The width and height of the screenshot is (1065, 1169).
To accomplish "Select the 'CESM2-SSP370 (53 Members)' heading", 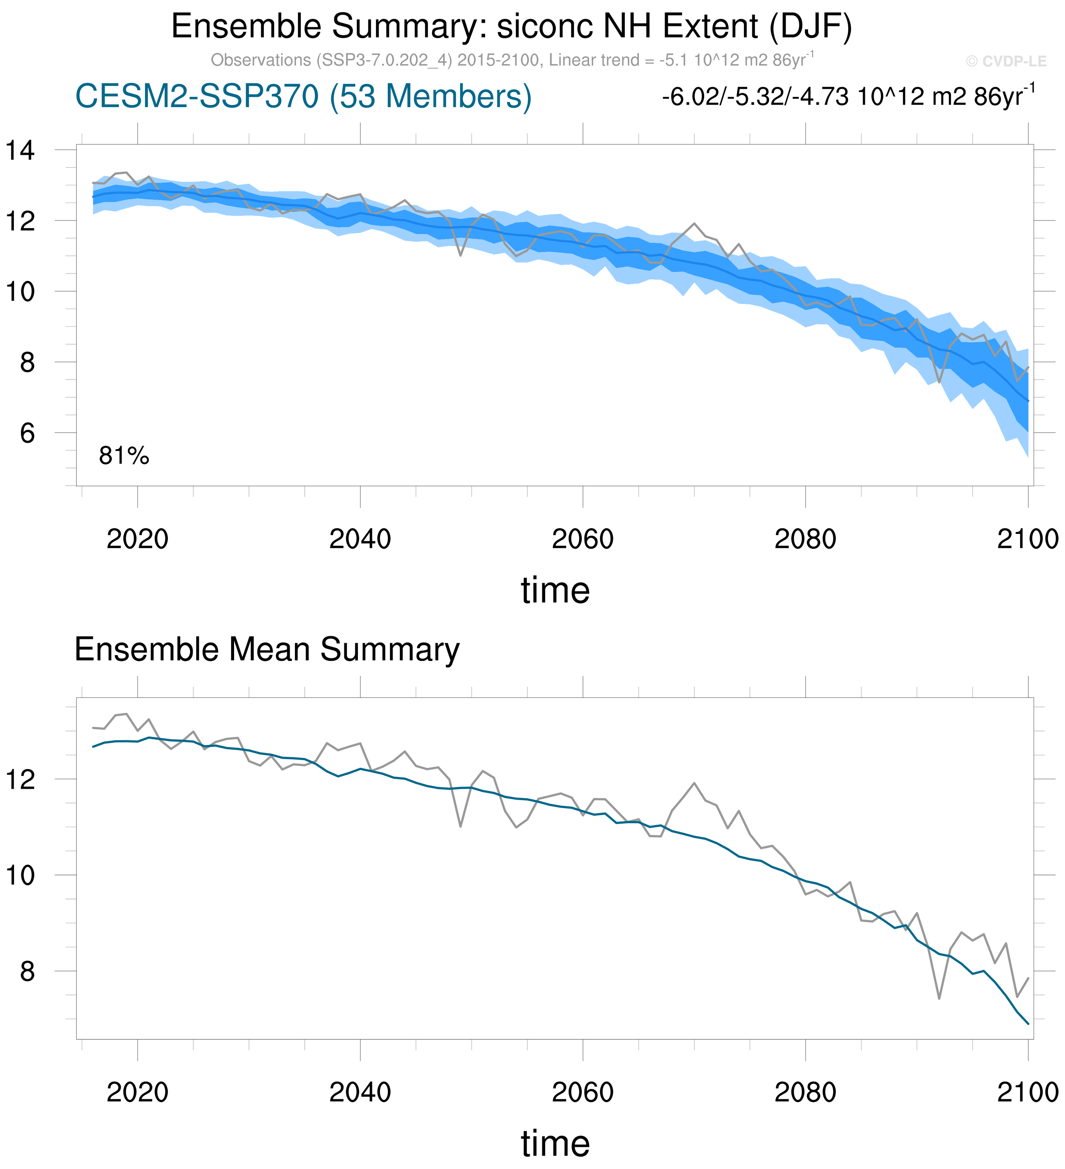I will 303,96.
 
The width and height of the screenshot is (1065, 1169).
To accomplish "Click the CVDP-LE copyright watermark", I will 1006,62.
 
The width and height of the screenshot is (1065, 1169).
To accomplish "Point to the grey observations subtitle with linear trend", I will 512,60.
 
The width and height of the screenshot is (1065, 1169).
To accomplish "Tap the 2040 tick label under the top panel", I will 360,539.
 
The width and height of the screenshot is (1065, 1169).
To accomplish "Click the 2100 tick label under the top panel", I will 1027,539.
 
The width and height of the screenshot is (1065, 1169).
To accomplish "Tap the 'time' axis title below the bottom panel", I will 555,1144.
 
